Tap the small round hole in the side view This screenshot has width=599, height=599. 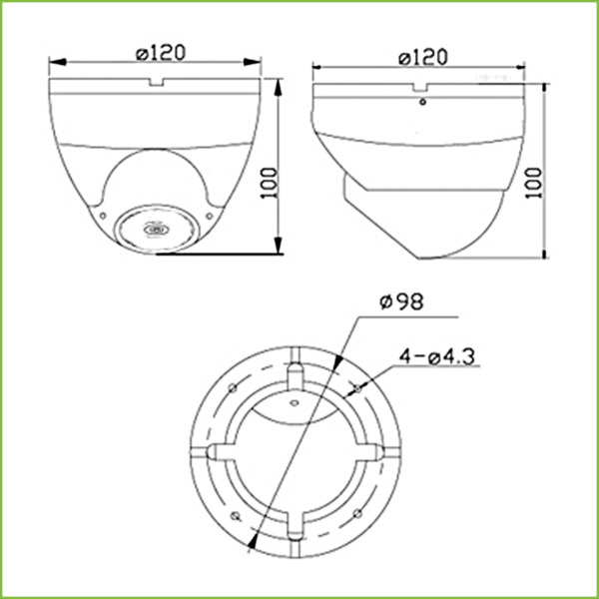coord(422,101)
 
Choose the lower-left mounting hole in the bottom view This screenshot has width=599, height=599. coord(232,514)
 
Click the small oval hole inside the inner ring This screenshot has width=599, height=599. coord(296,403)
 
